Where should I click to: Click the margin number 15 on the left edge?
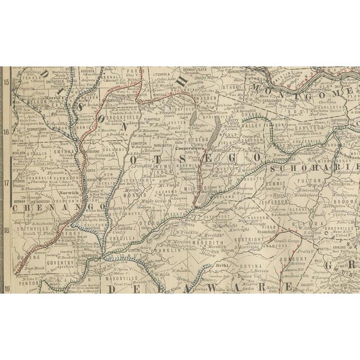pyautogui.click(x=7, y=82)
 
